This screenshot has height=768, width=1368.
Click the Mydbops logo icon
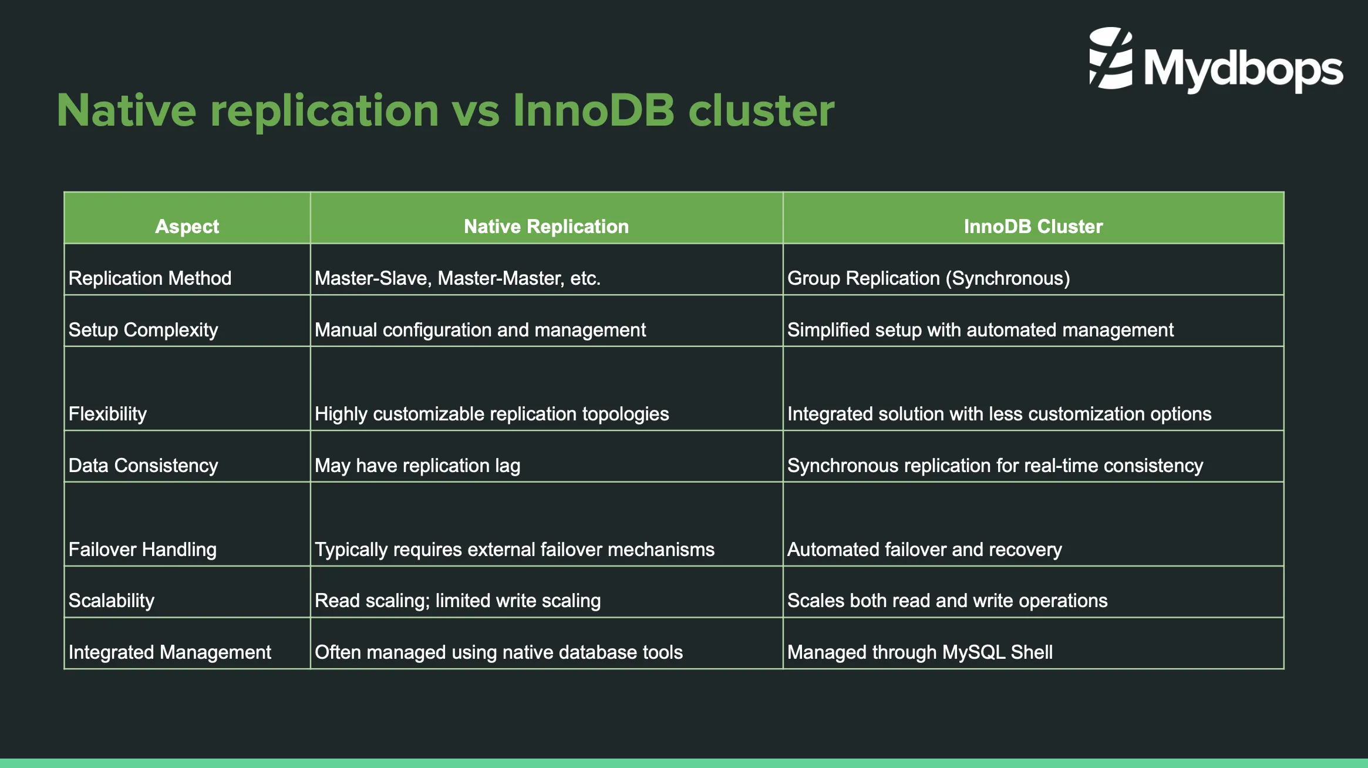click(1110, 59)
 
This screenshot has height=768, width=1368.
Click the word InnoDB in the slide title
click(594, 110)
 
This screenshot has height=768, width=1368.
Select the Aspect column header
click(187, 226)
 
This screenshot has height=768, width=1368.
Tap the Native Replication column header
click(546, 226)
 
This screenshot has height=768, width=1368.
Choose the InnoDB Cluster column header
click(1033, 226)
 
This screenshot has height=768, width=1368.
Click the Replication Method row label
click(150, 278)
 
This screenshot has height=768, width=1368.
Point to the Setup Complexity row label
click(143, 329)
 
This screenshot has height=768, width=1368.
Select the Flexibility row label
click(107, 413)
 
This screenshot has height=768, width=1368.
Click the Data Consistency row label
click(143, 465)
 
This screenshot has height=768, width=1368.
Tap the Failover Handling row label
click(143, 549)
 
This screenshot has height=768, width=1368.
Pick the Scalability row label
click(112, 600)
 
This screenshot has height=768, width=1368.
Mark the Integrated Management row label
click(170, 652)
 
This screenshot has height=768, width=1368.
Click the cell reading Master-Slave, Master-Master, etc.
click(457, 278)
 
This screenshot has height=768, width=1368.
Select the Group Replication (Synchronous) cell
click(928, 278)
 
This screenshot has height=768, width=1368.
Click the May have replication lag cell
click(417, 465)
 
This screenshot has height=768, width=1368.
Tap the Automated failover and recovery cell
click(924, 549)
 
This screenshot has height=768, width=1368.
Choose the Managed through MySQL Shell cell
click(919, 652)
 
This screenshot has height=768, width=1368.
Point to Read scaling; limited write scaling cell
click(457, 600)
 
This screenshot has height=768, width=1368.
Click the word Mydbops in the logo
click(1243, 69)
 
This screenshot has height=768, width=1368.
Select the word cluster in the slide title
click(761, 110)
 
